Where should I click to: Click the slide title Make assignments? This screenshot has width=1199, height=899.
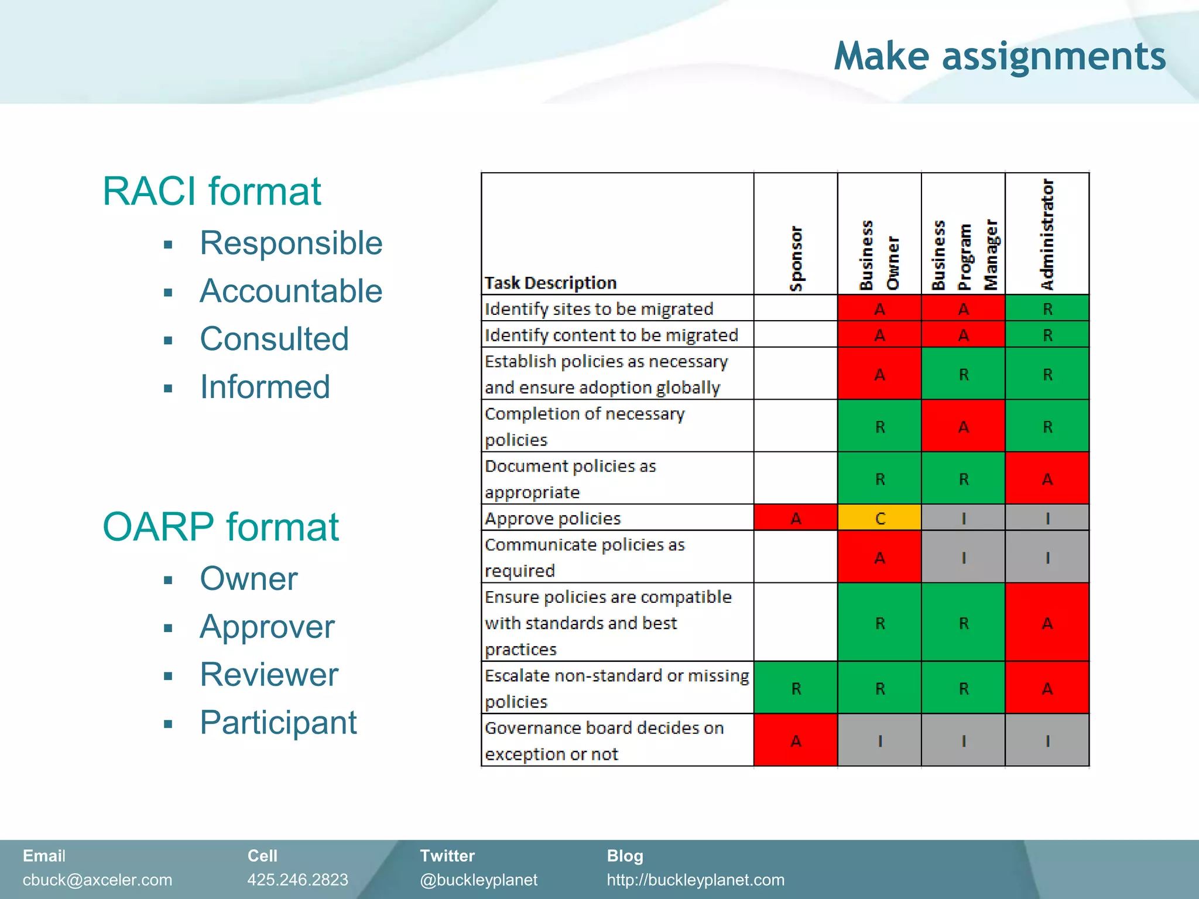[999, 56]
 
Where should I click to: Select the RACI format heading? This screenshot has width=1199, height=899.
[211, 191]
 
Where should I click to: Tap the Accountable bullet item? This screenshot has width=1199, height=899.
[291, 291]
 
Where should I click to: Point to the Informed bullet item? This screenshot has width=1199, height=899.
[265, 387]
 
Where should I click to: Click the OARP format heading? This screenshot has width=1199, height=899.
[220, 527]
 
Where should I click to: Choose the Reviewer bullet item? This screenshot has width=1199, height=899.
[269, 674]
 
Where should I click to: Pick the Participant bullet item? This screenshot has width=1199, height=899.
[278, 722]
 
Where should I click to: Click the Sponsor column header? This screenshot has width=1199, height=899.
[796, 258]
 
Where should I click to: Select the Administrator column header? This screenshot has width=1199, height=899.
[1047, 234]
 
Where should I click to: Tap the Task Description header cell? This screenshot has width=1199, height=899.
[550, 283]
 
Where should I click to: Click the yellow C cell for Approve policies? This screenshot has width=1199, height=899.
[879, 518]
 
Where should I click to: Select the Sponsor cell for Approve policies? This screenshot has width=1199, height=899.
[796, 518]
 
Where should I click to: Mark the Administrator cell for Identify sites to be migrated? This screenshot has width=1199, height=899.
[1047, 308]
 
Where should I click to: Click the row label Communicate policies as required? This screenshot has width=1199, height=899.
[584, 557]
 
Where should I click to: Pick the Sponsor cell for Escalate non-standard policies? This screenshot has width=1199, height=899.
[796, 688]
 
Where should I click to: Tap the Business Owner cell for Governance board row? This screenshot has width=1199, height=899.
[879, 740]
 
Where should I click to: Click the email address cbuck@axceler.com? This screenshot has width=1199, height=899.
[97, 880]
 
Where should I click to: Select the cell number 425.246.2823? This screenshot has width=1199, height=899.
[297, 880]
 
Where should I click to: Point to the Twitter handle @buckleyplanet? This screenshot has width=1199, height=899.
[478, 880]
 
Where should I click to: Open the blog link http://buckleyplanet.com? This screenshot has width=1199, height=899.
[696, 880]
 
